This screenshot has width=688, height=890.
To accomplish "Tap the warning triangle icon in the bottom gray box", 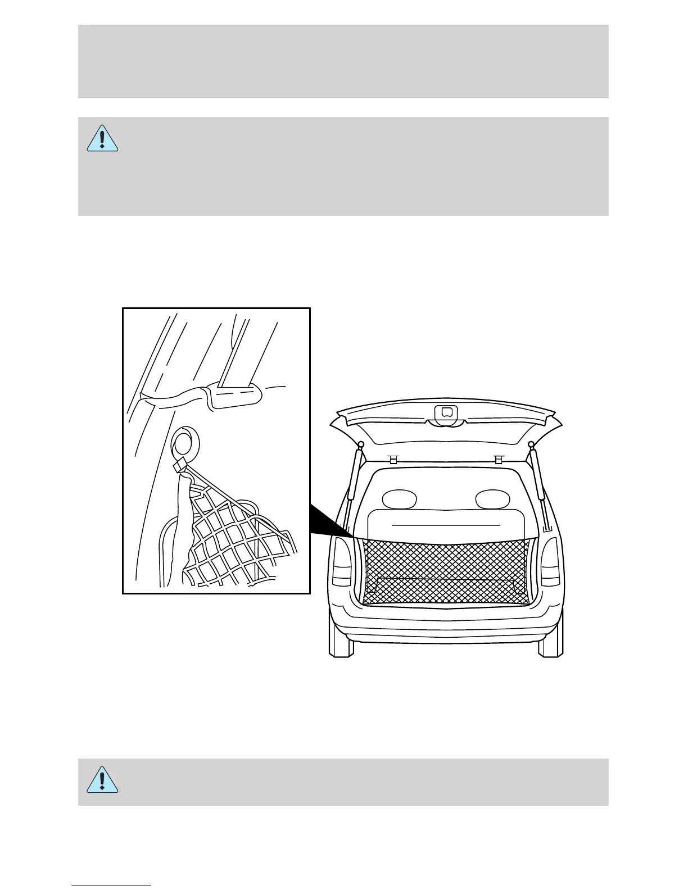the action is [x=102, y=779].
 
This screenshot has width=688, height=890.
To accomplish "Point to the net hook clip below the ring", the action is [x=180, y=466].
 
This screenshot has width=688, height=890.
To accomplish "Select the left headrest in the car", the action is [x=399, y=498].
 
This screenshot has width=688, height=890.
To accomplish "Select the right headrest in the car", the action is [x=492, y=498].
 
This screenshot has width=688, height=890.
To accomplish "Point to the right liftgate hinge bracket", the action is [x=497, y=458].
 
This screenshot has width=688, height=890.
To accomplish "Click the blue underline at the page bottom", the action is [x=111, y=886].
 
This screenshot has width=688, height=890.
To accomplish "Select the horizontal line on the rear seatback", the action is [x=445, y=525].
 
